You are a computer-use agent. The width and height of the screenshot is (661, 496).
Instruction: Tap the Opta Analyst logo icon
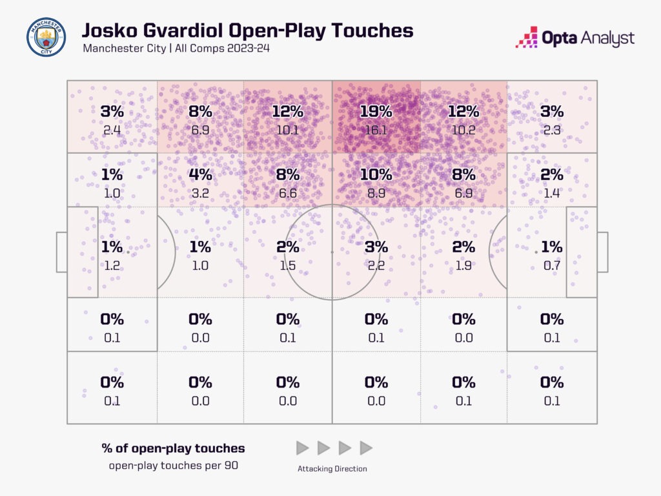click(x=527, y=37)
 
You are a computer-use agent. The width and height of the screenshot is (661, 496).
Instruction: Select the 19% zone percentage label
click(x=376, y=111)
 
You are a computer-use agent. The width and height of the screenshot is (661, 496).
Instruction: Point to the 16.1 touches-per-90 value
click(x=376, y=129)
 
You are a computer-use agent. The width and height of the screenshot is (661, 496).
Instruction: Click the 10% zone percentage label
click(x=376, y=174)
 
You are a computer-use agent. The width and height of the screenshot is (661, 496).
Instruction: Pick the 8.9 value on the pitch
click(x=376, y=193)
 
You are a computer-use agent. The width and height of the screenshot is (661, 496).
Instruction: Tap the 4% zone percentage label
click(x=200, y=174)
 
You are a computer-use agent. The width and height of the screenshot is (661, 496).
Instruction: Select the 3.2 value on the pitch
click(x=200, y=193)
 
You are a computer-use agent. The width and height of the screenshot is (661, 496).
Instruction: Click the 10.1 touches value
click(x=288, y=129)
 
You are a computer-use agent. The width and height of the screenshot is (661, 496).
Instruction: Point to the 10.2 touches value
click(x=463, y=129)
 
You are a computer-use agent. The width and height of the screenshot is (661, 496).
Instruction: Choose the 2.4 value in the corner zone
click(x=112, y=129)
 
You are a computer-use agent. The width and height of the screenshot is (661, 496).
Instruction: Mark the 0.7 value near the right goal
click(x=551, y=265)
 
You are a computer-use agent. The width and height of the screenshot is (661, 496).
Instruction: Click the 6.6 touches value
click(x=288, y=193)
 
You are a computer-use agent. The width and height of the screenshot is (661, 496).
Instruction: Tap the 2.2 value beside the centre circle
click(x=376, y=265)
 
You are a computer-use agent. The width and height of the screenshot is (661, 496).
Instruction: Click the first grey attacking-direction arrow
click(x=302, y=448)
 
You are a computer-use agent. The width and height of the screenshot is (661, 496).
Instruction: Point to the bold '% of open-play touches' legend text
click(x=173, y=448)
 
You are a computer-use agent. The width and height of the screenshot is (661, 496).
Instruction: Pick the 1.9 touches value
click(x=463, y=265)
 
